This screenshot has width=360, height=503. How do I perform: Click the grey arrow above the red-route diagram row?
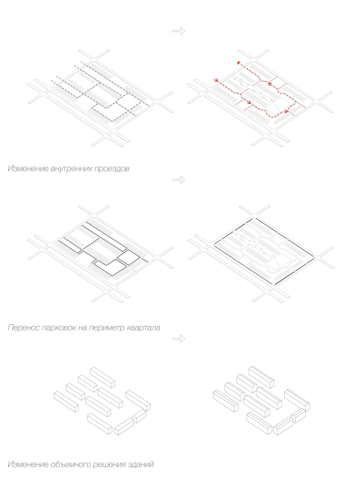[178, 32]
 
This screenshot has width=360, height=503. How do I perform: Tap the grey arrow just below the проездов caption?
[178, 180]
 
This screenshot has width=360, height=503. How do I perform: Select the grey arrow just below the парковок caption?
[178, 339]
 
